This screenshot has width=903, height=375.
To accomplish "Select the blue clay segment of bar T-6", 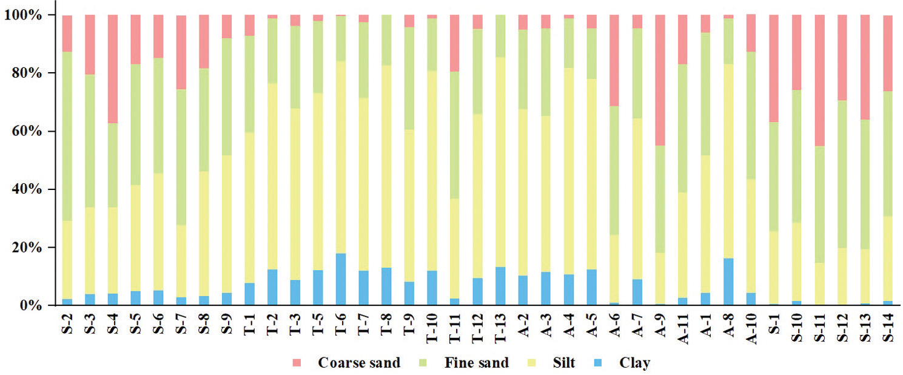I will tap(341, 279).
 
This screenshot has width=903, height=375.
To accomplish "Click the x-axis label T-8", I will tap(387, 328).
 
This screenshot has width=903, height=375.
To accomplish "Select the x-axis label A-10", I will tap(751, 331).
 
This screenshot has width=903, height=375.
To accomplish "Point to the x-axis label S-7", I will tap(181, 328).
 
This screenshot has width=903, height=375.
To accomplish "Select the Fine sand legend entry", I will tap(476, 363).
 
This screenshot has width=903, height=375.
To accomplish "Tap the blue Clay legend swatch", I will tap(606, 363).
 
